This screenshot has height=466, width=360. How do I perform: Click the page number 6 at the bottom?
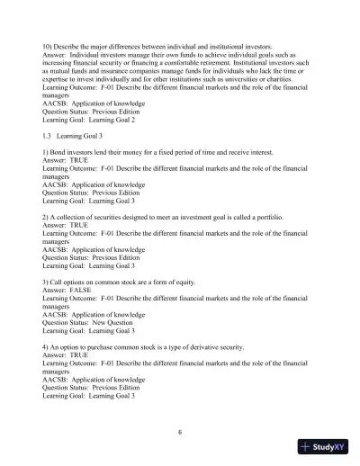pyautogui.click(x=180, y=431)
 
